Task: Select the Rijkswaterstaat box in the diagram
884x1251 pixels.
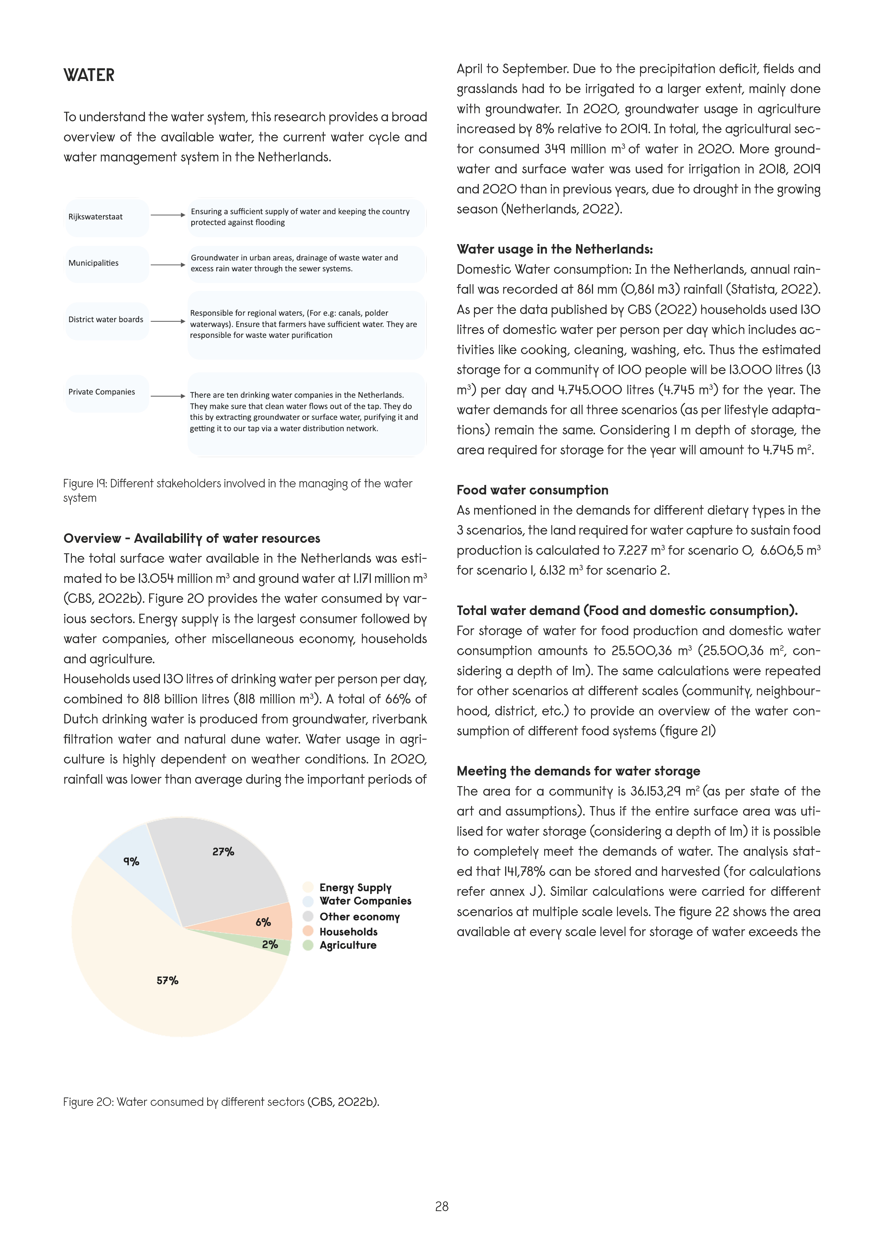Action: coord(107,217)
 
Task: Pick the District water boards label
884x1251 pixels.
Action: coord(106,320)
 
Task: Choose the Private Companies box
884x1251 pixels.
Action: coord(107,392)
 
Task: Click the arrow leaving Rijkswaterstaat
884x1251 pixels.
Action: coord(168,215)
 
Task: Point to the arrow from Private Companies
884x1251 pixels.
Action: coord(168,396)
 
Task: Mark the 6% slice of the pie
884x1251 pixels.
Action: coord(264,922)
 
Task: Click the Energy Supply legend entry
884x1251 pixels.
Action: coord(355,888)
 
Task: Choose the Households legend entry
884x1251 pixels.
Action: coord(348,932)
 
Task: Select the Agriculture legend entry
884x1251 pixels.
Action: coord(348,945)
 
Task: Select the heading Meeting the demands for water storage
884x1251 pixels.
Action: coord(578,771)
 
